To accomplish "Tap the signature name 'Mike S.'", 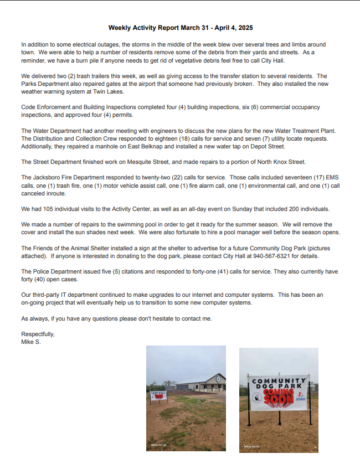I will click(x=31, y=342).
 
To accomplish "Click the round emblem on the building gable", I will click(x=218, y=378).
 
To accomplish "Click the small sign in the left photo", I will click(x=158, y=395).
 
